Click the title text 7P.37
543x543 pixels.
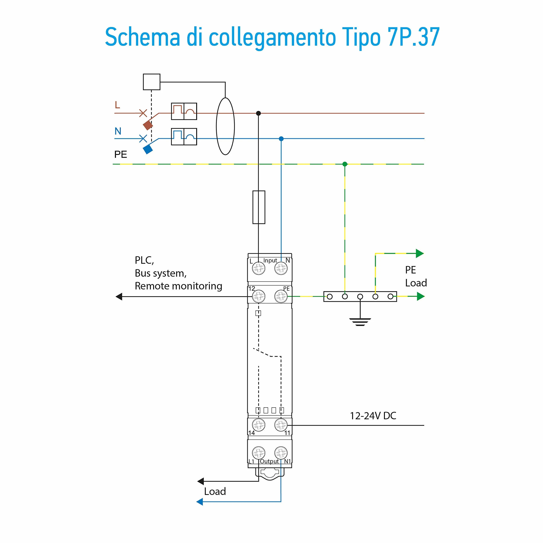413,37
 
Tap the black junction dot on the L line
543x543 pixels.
258,113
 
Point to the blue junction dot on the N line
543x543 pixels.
281,138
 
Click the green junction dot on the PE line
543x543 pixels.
345,164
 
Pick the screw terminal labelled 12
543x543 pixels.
258,296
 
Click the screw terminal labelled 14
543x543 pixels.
258,425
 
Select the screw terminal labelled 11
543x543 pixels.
281,425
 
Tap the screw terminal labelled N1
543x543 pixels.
281,453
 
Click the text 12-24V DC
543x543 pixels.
373,416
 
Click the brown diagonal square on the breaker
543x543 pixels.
148,125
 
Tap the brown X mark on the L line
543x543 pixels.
143,113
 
